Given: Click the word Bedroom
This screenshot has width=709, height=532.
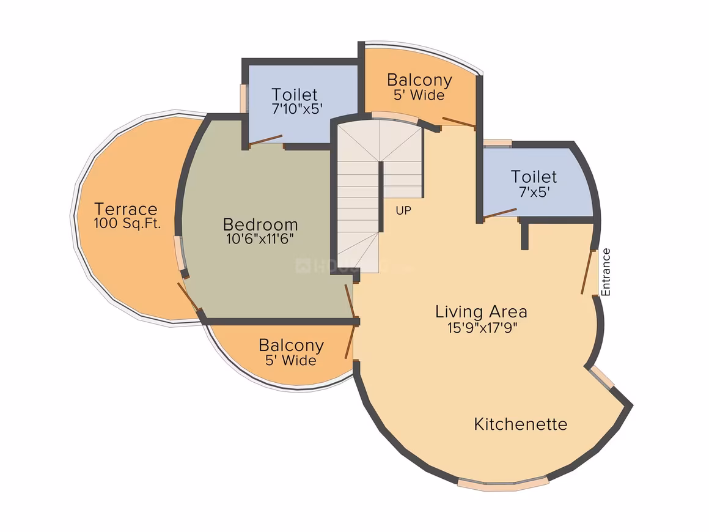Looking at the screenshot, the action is click(260, 224).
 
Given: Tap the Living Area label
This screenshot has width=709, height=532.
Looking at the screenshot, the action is click(481, 312).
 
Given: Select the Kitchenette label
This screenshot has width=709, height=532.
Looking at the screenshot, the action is click(521, 424).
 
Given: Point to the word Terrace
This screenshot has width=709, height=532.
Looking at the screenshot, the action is click(126, 209).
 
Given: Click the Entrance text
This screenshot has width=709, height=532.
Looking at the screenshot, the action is click(606, 272).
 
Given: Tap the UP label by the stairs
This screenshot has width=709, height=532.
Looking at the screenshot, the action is click(403, 210).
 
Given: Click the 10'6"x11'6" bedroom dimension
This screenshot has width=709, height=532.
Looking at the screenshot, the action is click(260, 238).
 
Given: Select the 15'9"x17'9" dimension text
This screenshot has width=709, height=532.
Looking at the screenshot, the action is click(482, 327).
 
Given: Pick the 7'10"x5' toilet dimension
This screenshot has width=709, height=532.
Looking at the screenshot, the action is click(297, 109).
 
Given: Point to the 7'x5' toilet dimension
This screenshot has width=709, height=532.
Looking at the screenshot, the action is click(534, 192).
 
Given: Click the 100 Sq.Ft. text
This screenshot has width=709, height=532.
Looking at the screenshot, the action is click(127, 223).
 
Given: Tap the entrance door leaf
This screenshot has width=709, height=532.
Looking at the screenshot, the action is click(587, 272).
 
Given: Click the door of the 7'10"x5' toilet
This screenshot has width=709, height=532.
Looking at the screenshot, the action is click(266, 140).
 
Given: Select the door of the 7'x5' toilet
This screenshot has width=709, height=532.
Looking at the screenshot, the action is click(500, 213).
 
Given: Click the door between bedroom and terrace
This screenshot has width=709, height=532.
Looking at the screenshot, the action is click(188, 297).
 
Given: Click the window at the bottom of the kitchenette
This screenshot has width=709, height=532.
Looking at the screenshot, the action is click(503, 484).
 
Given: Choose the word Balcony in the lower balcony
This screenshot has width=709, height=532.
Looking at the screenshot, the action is click(291, 345).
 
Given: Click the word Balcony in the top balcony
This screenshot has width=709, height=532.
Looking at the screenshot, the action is click(420, 80).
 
